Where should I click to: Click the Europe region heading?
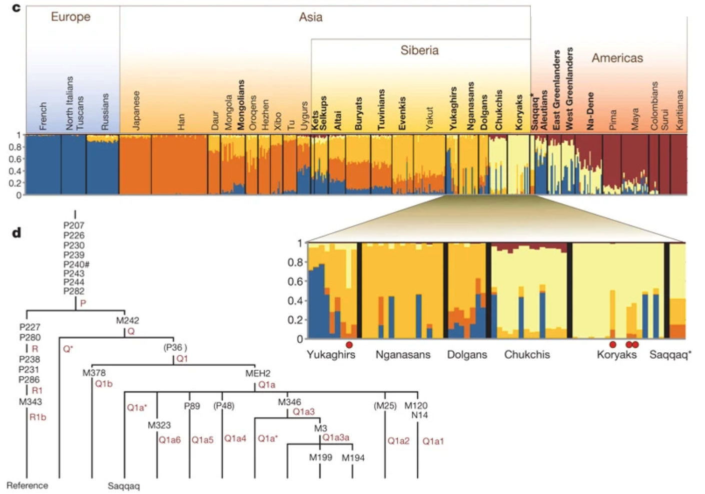click(71, 17)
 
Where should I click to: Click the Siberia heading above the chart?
click(419, 50)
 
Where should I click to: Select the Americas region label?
click(617, 58)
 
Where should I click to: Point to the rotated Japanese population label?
click(136, 111)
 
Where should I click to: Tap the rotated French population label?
click(43, 116)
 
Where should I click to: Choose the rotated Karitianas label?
click(679, 110)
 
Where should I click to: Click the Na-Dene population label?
click(590, 111)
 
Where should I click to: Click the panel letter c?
click(17, 8)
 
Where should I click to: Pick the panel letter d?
click(17, 232)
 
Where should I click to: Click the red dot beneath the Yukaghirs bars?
click(349, 345)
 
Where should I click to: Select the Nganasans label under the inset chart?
click(403, 355)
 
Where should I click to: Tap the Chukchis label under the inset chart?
click(527, 355)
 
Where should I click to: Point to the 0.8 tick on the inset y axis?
click(295, 262)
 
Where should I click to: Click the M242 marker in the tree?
click(128, 320)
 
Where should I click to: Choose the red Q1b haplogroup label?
click(104, 384)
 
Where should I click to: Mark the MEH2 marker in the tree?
click(258, 373)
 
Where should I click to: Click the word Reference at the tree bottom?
click(28, 485)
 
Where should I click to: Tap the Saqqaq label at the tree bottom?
click(124, 486)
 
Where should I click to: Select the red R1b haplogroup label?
click(38, 417)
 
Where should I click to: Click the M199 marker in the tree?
click(320, 457)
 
